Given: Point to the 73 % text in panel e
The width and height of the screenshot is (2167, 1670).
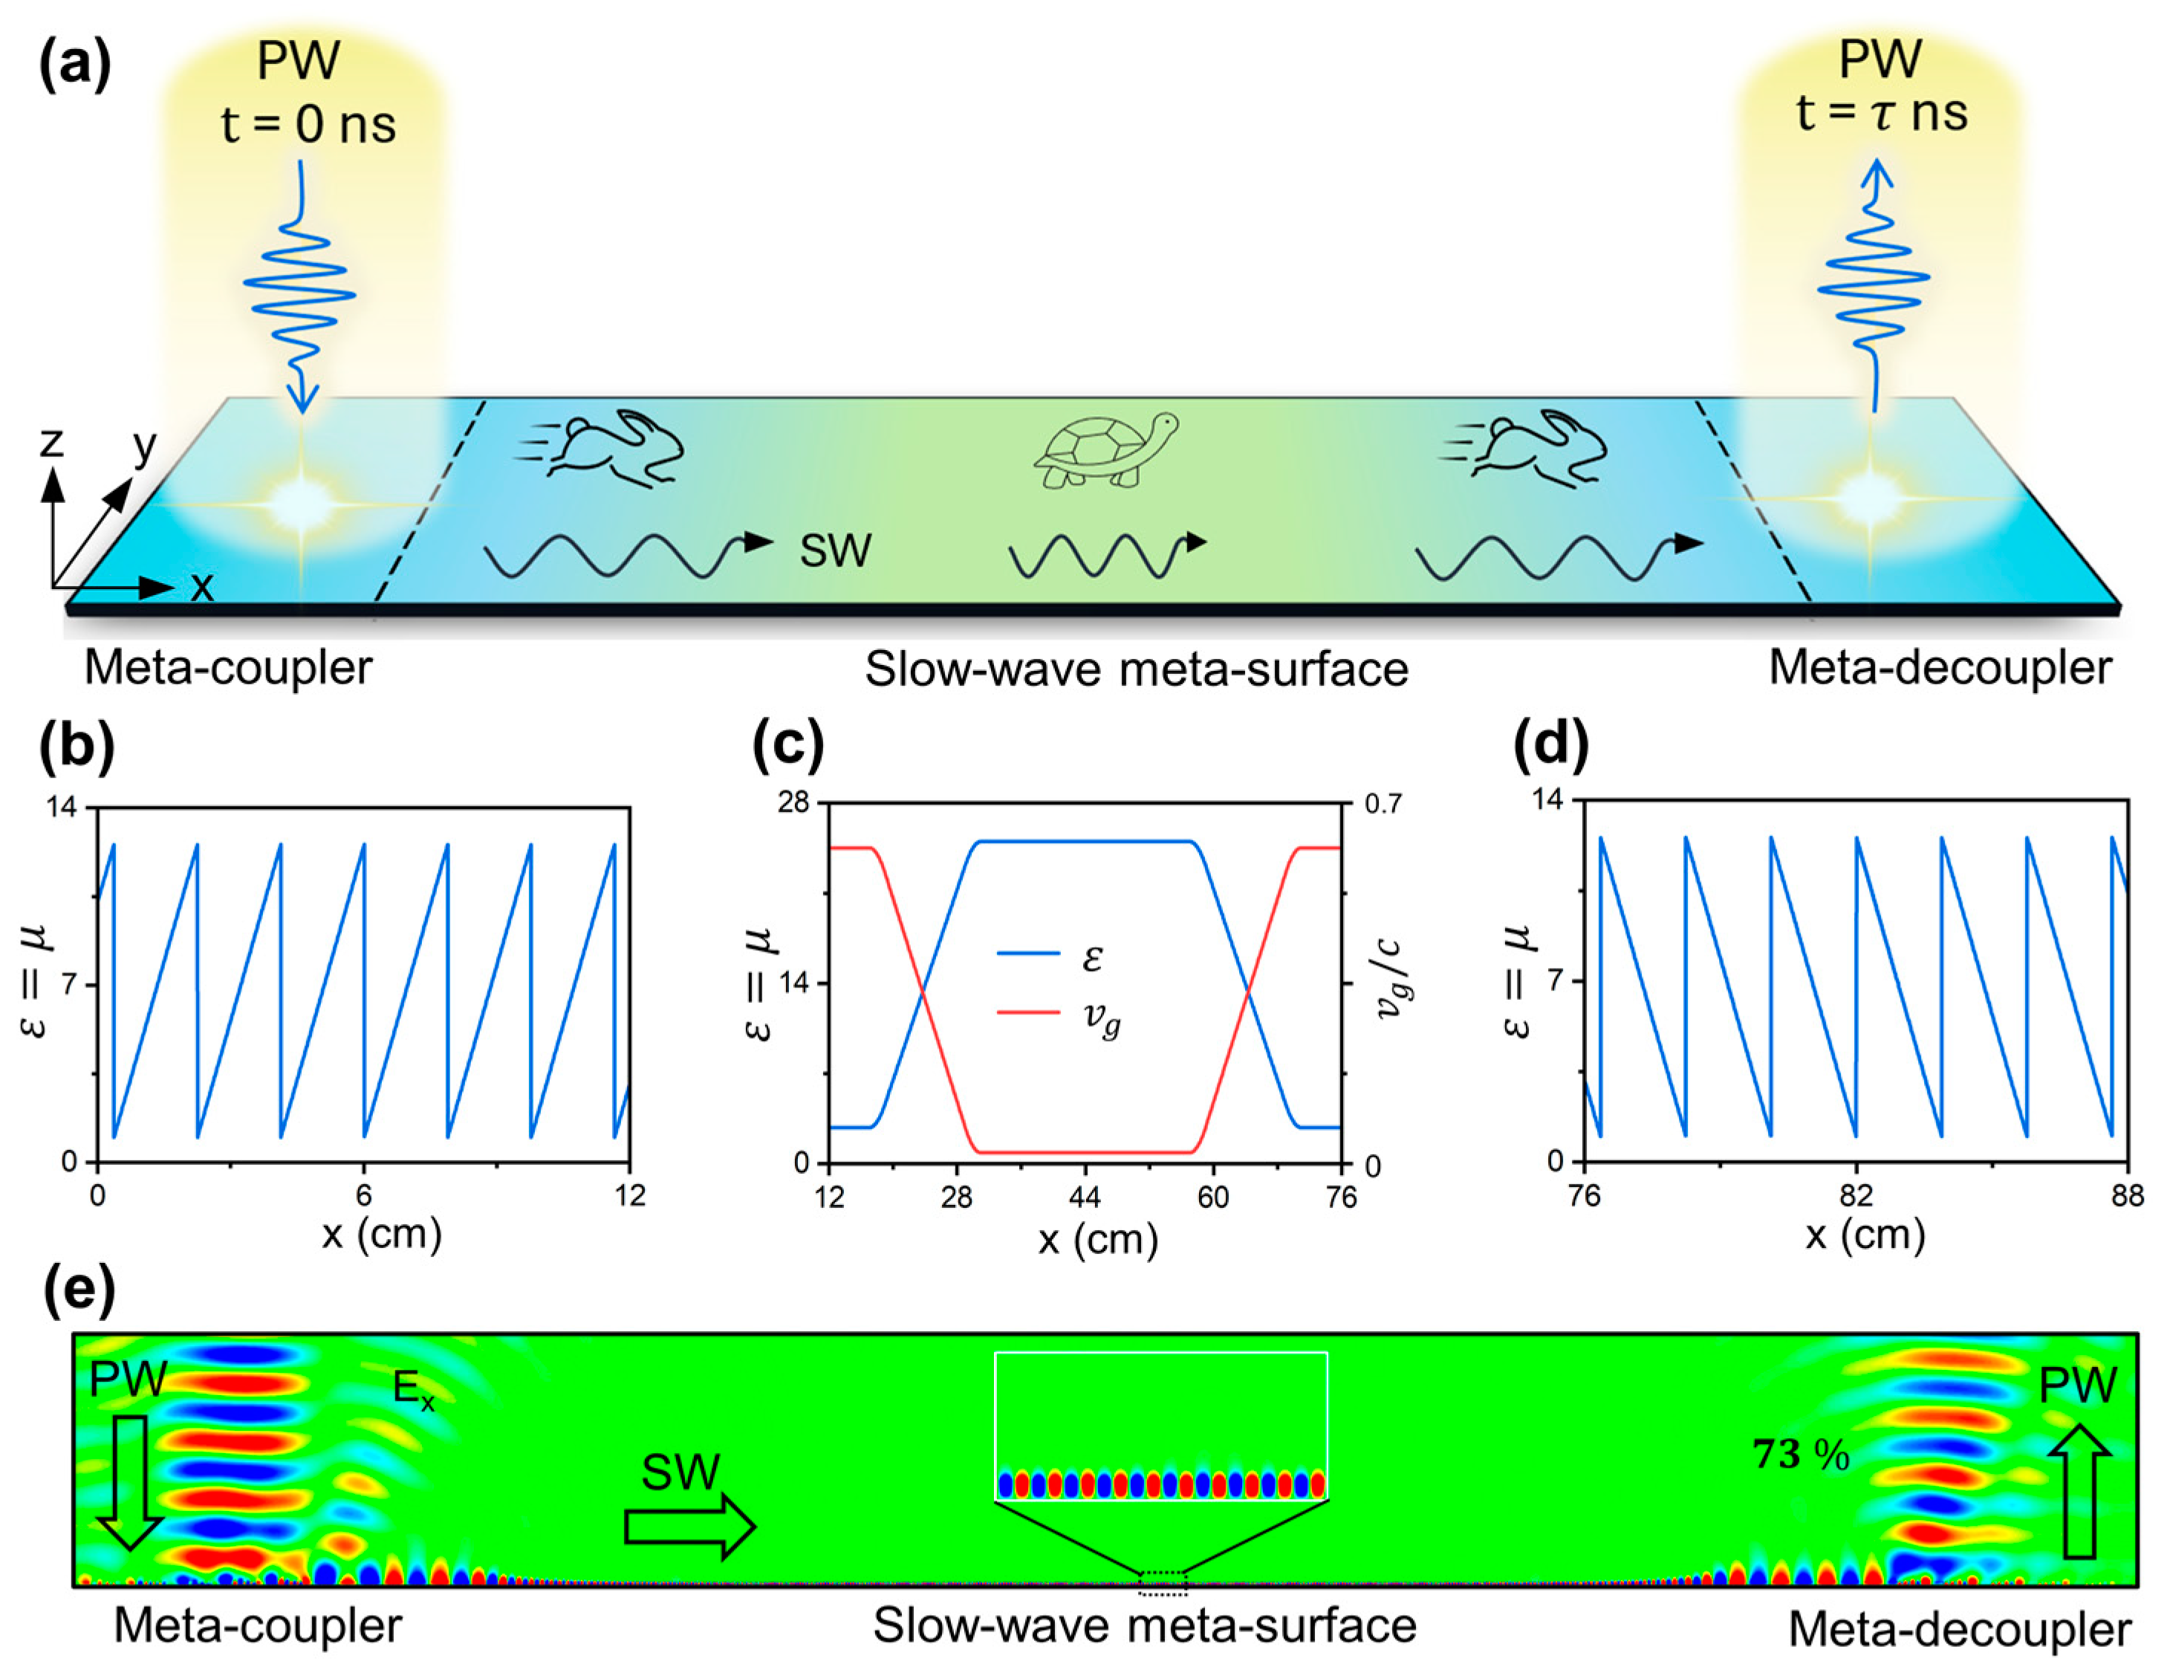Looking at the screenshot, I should pos(1801,1455).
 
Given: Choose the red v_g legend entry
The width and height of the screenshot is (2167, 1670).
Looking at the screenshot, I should pos(1059,1014).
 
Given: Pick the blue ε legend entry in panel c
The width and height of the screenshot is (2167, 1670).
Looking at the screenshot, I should pos(1050,955).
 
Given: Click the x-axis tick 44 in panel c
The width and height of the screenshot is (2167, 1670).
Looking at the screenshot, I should pos(1085,1197).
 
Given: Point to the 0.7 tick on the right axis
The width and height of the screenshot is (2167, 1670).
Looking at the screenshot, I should pos(1383,803).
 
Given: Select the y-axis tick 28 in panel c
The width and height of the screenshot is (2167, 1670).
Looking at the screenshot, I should pos(793,802).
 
